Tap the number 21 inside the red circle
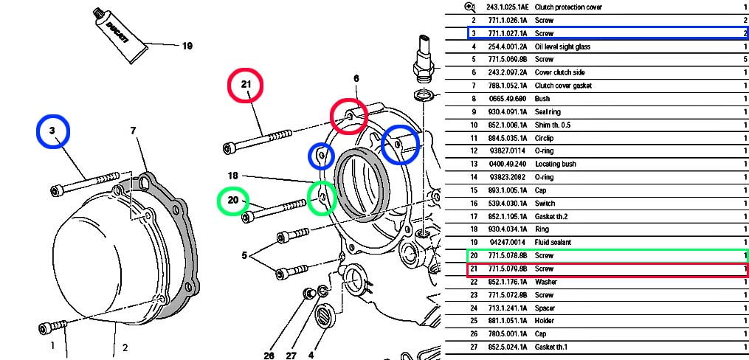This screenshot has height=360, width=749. point(246,85)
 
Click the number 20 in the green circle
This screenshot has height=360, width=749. point(233,200)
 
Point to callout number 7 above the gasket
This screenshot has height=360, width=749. point(134,131)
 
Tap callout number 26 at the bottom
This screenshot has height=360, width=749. point(269,355)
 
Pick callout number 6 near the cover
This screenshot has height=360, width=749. point(356,78)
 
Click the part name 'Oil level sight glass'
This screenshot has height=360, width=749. point(562,46)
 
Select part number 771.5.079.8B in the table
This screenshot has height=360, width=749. point(501,269)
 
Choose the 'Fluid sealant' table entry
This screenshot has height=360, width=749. point(553,242)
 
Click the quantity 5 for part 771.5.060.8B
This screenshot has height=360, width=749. point(745,59)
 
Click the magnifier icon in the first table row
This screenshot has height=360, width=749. point(469,7)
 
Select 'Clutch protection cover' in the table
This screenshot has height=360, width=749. point(570,7)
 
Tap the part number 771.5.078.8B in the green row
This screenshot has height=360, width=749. point(501,255)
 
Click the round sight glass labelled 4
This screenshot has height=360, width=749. point(325,319)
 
